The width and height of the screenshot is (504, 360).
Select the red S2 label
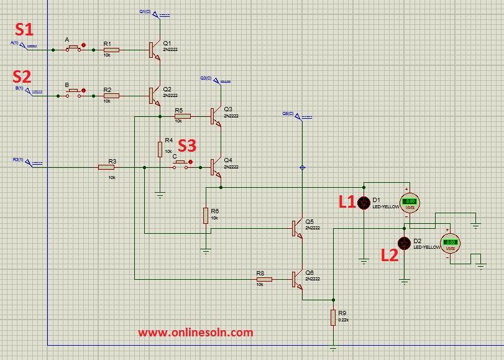[22, 76]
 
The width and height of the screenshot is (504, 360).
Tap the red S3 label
[187, 145]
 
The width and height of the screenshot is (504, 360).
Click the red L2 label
[389, 254]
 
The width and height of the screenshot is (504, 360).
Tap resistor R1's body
[112, 50]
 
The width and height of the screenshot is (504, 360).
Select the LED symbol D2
[405, 242]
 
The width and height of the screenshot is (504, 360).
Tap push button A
[73, 48]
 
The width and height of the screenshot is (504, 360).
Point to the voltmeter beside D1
[410, 201]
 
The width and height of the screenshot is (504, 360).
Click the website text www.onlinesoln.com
[195, 333]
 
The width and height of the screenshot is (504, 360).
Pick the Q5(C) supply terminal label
[288, 114]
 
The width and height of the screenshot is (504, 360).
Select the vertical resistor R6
[205, 216]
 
